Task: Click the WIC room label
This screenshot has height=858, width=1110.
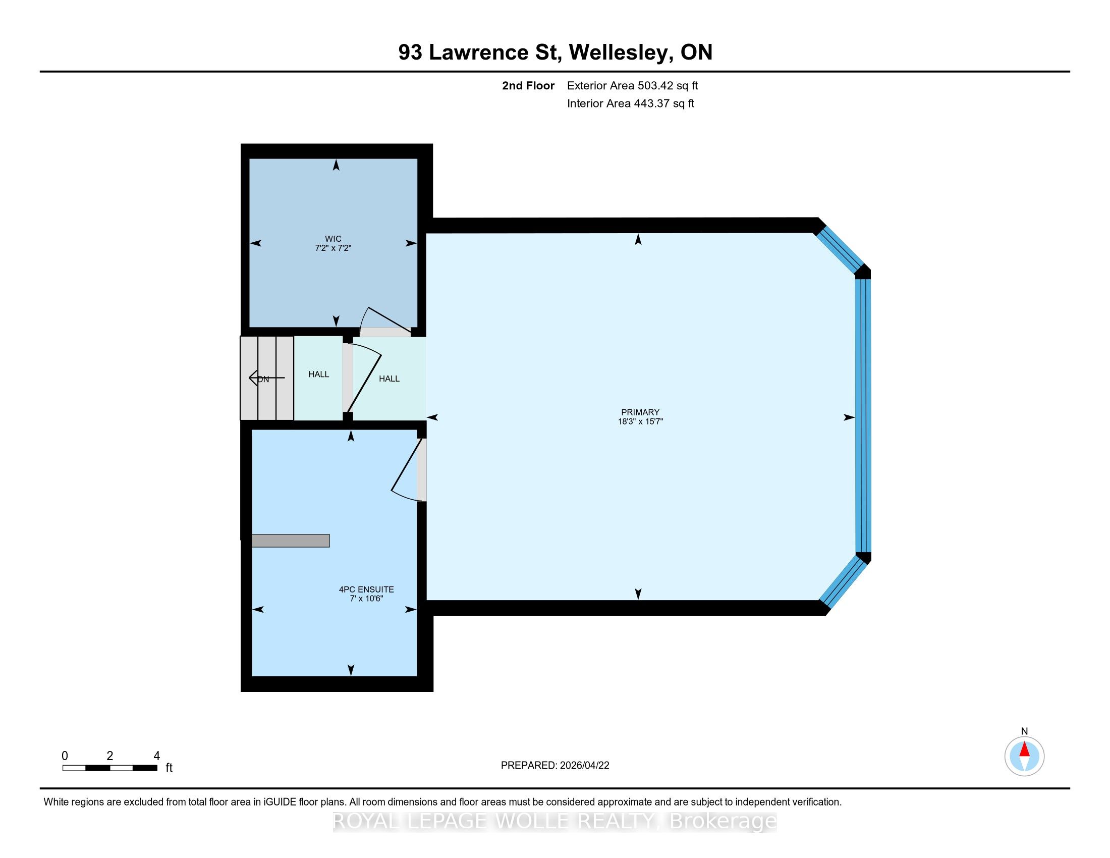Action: pyautogui.click(x=333, y=239)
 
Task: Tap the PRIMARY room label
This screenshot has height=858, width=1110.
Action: pyautogui.click(x=640, y=412)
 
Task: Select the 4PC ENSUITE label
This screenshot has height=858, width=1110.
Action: pyautogui.click(x=366, y=589)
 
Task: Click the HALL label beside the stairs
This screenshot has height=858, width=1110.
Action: pyautogui.click(x=319, y=374)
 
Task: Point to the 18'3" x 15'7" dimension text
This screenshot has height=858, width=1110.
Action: pyautogui.click(x=640, y=421)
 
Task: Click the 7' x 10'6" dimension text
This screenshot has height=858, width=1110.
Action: pyautogui.click(x=366, y=599)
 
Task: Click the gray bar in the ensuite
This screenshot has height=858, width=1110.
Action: pyautogui.click(x=291, y=541)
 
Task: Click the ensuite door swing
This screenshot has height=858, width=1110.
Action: pyautogui.click(x=407, y=470)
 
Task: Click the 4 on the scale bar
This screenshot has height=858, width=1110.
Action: pyautogui.click(x=156, y=756)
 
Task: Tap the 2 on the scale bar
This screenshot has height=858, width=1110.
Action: pyautogui.click(x=110, y=756)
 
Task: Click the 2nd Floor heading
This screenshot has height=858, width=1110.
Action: pyautogui.click(x=528, y=86)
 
